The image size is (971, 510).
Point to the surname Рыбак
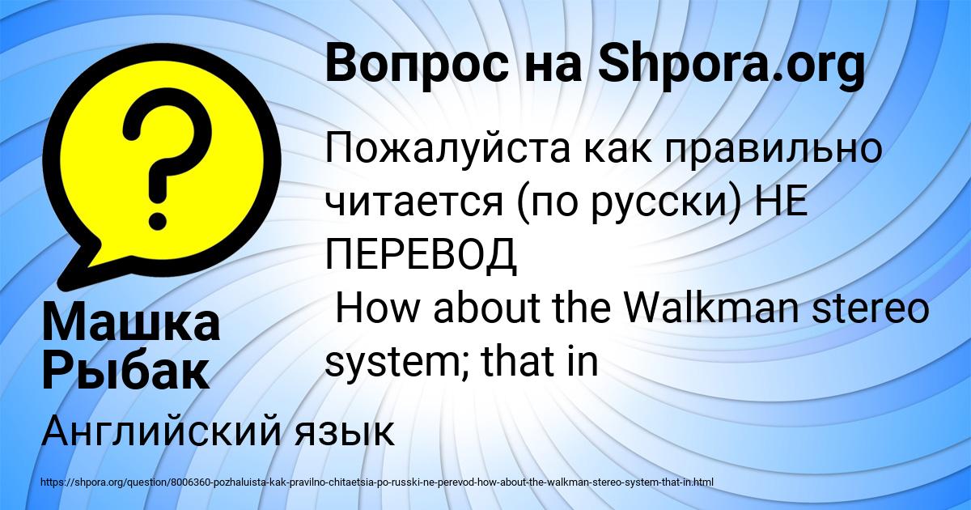(125, 370)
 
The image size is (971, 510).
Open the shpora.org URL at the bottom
(375, 482)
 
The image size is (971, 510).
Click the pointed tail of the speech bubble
(77, 268)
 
